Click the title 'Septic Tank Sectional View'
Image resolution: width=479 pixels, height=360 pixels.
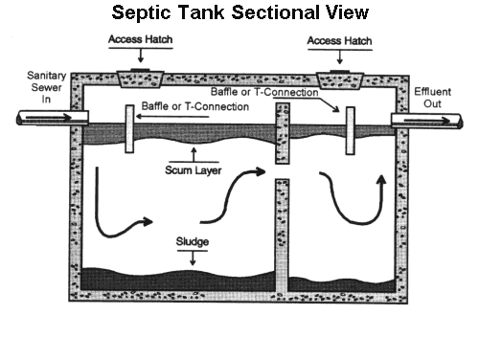(239, 13)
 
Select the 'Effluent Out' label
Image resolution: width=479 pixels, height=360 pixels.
(442, 95)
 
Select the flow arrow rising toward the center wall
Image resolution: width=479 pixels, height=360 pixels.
(239, 191)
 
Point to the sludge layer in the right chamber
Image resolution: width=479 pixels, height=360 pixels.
(345, 283)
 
